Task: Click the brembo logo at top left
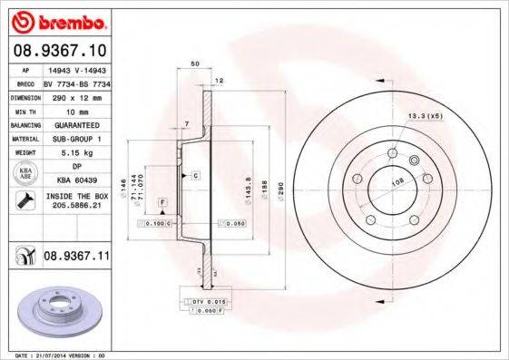tap(55, 20)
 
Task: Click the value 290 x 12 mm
tap(77, 96)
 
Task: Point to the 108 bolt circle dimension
tap(396, 180)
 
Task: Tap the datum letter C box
tap(195, 172)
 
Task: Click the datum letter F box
tap(162, 199)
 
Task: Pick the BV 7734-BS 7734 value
tap(77, 82)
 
